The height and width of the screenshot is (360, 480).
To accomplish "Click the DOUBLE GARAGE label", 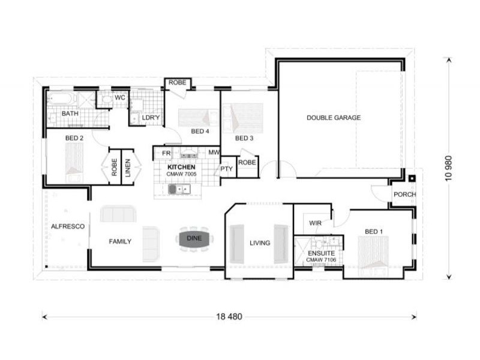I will tap(334, 118).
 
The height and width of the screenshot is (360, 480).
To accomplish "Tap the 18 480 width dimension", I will tap(229, 317).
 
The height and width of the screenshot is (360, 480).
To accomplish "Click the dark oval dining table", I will tap(194, 238).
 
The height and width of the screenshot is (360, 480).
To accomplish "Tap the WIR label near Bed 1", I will tap(315, 223).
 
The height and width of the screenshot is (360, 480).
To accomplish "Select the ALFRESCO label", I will tap(67, 226).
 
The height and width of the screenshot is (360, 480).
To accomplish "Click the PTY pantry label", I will tap(226, 169).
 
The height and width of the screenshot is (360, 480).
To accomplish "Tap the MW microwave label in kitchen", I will tap(214, 153).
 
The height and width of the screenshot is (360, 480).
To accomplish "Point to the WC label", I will tap(119, 97).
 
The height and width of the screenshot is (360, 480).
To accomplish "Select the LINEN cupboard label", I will tap(128, 168).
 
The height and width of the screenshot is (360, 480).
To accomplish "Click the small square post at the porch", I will tap(412, 178).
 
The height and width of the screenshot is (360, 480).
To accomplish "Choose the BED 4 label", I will tap(200, 131).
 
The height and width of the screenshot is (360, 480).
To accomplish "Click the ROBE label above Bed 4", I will tap(176, 82).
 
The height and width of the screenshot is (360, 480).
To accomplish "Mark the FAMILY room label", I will tap(120, 242).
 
